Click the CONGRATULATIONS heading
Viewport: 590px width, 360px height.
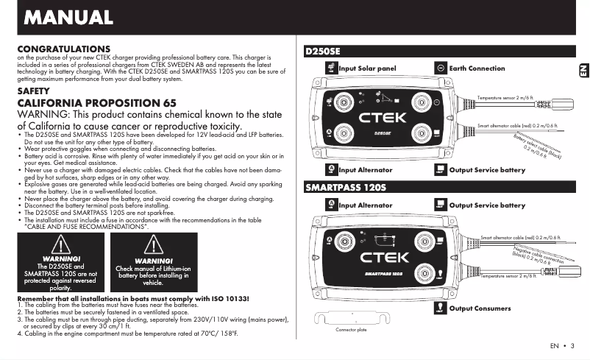63,49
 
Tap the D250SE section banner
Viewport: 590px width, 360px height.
324,52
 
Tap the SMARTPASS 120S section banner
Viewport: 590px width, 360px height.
345,188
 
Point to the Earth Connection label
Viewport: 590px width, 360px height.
477,68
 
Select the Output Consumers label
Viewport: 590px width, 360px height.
479,308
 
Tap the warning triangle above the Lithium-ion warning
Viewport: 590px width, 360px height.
152,247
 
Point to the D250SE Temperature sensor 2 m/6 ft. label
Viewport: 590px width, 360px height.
507,97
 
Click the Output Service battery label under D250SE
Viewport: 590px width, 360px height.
486,170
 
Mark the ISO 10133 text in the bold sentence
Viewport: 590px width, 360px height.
230,297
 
